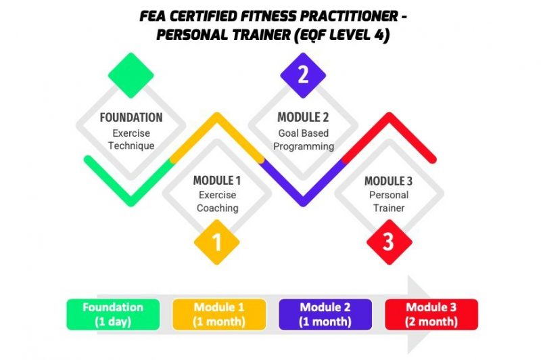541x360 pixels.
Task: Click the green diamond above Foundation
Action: pyautogui.click(x=131, y=75)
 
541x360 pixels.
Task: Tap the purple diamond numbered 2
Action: pyautogui.click(x=303, y=75)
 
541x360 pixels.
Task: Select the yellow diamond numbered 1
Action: pyautogui.click(x=217, y=242)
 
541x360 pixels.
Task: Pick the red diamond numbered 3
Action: pyautogui.click(x=390, y=242)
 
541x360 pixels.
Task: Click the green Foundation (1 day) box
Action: pyautogui.click(x=113, y=315)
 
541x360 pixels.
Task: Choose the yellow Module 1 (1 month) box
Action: pyautogui.click(x=219, y=315)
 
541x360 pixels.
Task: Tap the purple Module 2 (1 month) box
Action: pyautogui.click(x=325, y=315)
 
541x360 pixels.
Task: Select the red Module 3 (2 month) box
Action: pyautogui.click(x=431, y=315)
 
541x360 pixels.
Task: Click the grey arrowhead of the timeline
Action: pyautogui.click(x=419, y=315)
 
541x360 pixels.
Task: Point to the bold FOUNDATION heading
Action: pyautogui.click(x=131, y=117)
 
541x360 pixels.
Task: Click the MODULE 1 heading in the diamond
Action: pyautogui.click(x=217, y=181)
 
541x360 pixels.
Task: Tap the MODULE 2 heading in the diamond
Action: pyautogui.click(x=303, y=117)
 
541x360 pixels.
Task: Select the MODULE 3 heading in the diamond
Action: pyautogui.click(x=388, y=181)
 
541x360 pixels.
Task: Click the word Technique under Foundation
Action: pyautogui.click(x=131, y=145)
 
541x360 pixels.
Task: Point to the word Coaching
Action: pyautogui.click(x=217, y=208)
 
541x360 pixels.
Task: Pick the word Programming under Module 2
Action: pyautogui.click(x=304, y=146)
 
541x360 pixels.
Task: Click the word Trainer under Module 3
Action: pyautogui.click(x=389, y=208)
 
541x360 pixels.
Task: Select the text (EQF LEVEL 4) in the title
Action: pyautogui.click(x=342, y=35)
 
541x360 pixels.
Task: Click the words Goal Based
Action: pyautogui.click(x=303, y=133)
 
